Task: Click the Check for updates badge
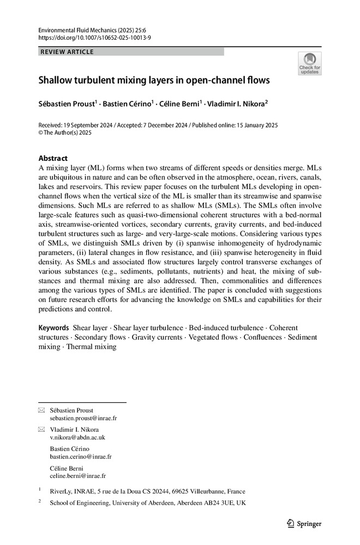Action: (x=309, y=64)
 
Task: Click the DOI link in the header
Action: (x=94, y=38)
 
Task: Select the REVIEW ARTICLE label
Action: (x=67, y=52)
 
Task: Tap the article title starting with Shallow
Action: (x=154, y=81)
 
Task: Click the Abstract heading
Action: (x=52, y=158)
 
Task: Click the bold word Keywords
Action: (x=53, y=328)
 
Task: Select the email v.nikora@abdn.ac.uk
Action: (x=77, y=438)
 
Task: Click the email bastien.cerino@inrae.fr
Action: (x=81, y=457)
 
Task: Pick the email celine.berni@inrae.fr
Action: (x=78, y=476)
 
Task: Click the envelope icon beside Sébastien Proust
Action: (x=41, y=410)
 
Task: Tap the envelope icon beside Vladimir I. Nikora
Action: (x=41, y=429)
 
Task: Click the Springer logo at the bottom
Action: (x=304, y=524)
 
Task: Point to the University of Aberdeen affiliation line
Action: (x=147, y=503)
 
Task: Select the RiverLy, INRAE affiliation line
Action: (x=147, y=491)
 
